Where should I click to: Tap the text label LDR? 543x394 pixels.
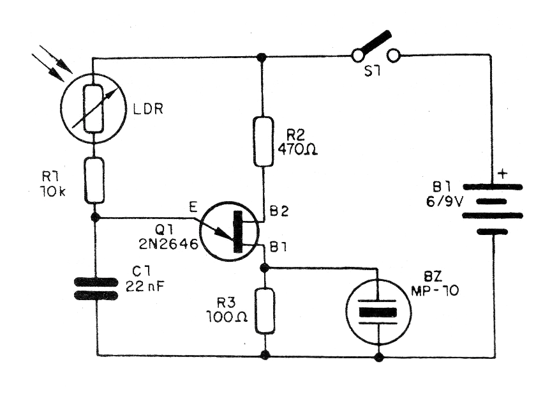pyautogui.click(x=149, y=109)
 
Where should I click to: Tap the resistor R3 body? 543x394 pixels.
pyautogui.click(x=264, y=310)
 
